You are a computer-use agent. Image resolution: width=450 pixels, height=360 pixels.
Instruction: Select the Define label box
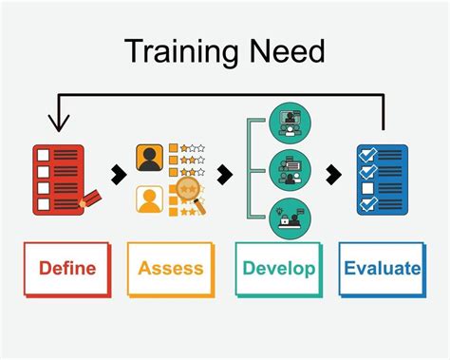(x=67, y=268)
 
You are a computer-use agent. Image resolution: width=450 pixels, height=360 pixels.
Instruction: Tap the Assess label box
(x=171, y=268)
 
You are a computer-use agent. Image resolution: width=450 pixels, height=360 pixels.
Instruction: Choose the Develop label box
(x=278, y=268)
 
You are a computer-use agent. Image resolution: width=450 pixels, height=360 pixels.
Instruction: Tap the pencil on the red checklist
(x=91, y=199)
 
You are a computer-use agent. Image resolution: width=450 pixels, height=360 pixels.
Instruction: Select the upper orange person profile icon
(x=147, y=157)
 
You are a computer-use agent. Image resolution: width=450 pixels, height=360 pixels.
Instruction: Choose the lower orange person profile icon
(x=147, y=199)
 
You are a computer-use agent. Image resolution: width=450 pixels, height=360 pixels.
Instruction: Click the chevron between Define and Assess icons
(x=117, y=175)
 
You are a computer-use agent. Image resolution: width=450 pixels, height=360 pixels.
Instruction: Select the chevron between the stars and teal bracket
(x=224, y=175)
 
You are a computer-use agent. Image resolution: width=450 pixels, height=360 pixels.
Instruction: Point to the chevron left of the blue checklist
(x=334, y=175)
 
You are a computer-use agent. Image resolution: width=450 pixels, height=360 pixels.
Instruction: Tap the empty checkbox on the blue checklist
(x=367, y=189)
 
